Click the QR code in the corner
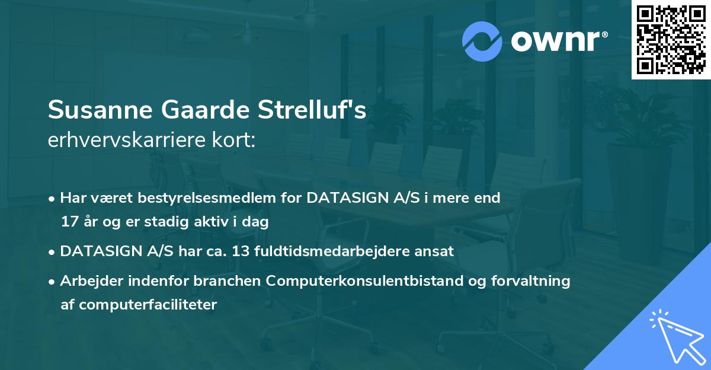tap(671, 40)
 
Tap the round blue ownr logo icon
tap(482, 41)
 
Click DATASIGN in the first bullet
tap(344, 197)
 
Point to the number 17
tap(69, 222)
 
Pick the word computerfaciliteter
tap(148, 305)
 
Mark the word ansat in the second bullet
tap(435, 251)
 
